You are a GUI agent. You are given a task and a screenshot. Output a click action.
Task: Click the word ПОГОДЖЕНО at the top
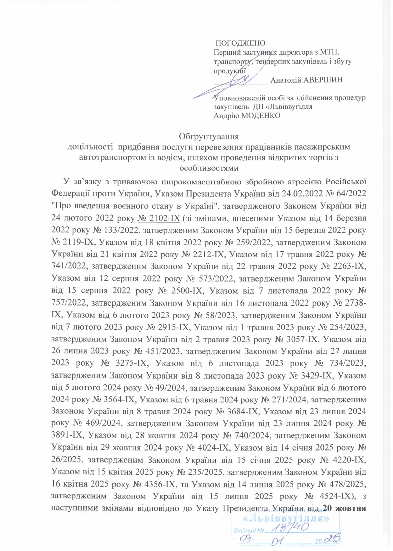coord(240,43)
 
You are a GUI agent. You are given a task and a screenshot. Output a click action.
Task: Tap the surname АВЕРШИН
coord(322,80)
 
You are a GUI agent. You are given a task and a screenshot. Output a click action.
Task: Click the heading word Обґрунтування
coord(209,137)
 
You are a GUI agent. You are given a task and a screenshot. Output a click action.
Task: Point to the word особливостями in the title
coord(209,168)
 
